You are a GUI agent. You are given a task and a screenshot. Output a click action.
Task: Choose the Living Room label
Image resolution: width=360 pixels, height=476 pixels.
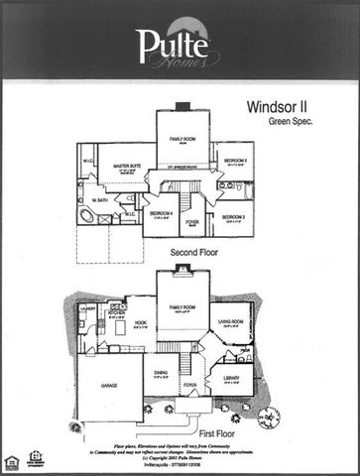231,319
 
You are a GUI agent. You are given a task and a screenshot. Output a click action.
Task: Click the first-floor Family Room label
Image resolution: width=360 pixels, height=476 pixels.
181,308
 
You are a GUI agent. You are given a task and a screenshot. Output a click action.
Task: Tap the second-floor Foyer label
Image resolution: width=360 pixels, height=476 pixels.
192,222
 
